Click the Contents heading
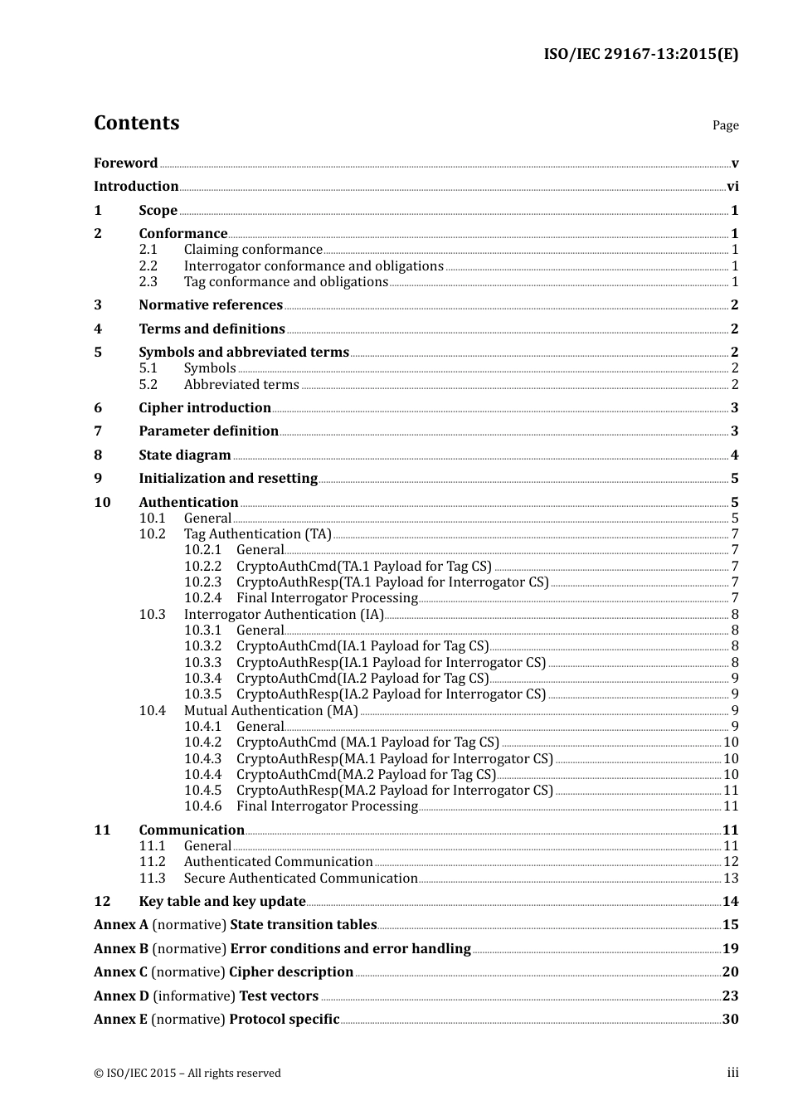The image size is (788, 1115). coord(136,123)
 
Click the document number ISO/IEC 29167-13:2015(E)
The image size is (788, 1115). coord(640,54)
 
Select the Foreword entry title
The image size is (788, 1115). coord(125,163)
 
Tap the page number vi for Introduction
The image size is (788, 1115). coord(732,187)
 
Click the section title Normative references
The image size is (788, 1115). coord(211,305)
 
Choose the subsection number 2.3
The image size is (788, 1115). coord(148,282)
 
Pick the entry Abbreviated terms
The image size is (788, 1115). coord(241,385)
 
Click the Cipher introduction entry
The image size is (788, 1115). coord(205,408)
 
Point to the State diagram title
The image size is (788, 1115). coord(185,455)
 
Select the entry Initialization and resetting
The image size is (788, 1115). coord(228,479)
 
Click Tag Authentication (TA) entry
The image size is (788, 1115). coord(257,534)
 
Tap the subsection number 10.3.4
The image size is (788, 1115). coord(202,679)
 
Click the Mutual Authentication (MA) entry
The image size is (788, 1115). coord(270,711)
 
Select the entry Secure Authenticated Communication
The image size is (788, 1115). coord(300,879)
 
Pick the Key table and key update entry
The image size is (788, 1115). coord(222,902)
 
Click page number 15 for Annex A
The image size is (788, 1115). coord(730,925)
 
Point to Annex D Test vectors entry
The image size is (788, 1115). coord(206,996)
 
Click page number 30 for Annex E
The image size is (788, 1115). coord(730,1020)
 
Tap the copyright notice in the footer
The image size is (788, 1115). coord(187,1074)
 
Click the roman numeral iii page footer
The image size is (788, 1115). coord(732,1073)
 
